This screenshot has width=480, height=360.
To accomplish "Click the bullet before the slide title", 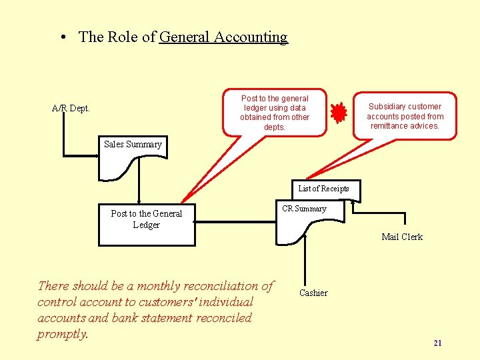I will click(61, 38).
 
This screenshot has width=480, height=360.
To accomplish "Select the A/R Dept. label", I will click(71, 108).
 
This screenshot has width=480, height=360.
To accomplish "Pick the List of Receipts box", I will click(323, 189).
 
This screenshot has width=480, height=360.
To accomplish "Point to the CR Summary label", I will click(304, 209).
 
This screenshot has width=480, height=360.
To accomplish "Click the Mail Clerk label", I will click(401, 237).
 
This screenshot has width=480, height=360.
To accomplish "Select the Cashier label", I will click(313, 293).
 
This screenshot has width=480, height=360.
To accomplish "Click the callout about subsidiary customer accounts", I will click(405, 116).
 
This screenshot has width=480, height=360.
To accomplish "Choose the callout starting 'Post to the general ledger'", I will click(275, 112).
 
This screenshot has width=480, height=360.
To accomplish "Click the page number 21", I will click(437, 343).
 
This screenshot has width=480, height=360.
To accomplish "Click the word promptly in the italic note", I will click(63, 334).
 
